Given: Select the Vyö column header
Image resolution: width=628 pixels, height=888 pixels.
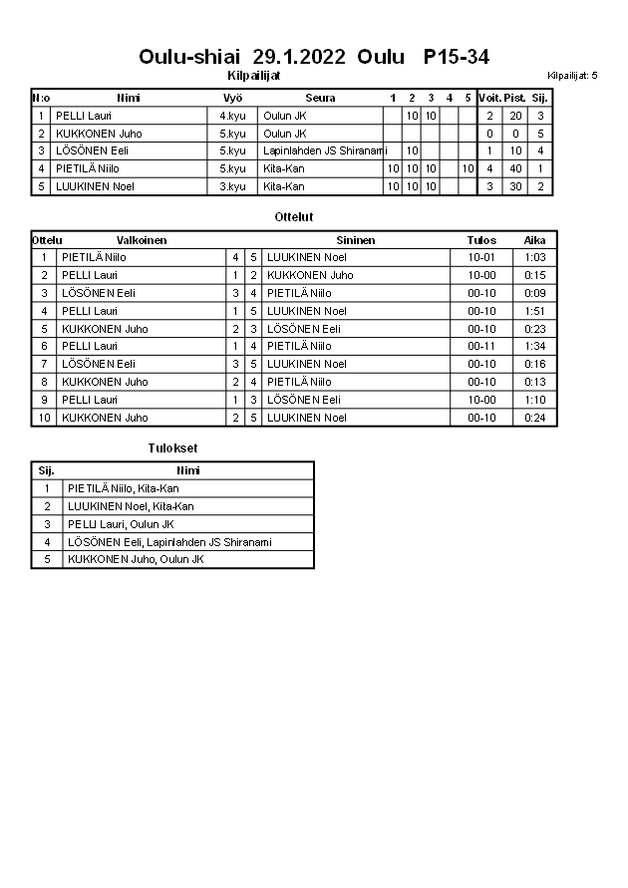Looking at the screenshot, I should pyautogui.click(x=232, y=98).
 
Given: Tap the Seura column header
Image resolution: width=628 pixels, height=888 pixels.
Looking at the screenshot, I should pyautogui.click(x=320, y=98).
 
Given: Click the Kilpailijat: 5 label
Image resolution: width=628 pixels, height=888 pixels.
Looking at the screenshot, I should pyautogui.click(x=572, y=76).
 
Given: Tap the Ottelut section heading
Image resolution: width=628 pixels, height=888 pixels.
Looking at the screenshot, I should pyautogui.click(x=293, y=216).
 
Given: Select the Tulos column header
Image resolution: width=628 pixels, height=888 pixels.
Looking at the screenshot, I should pyautogui.click(x=481, y=240).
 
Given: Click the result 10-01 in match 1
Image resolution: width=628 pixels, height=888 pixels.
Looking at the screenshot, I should pyautogui.click(x=481, y=257).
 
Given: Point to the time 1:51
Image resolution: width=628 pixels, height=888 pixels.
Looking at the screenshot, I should pyautogui.click(x=535, y=311).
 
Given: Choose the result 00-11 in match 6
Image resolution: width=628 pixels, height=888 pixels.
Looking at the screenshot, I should pyautogui.click(x=481, y=346).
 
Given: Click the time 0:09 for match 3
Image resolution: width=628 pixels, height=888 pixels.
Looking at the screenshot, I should pyautogui.click(x=535, y=293).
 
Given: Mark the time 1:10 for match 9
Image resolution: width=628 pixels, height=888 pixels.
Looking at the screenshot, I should pyautogui.click(x=535, y=400).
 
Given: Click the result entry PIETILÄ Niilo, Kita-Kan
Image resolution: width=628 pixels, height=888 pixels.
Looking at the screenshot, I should pyautogui.click(x=124, y=488).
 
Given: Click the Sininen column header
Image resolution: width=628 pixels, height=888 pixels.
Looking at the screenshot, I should pyautogui.click(x=356, y=240).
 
